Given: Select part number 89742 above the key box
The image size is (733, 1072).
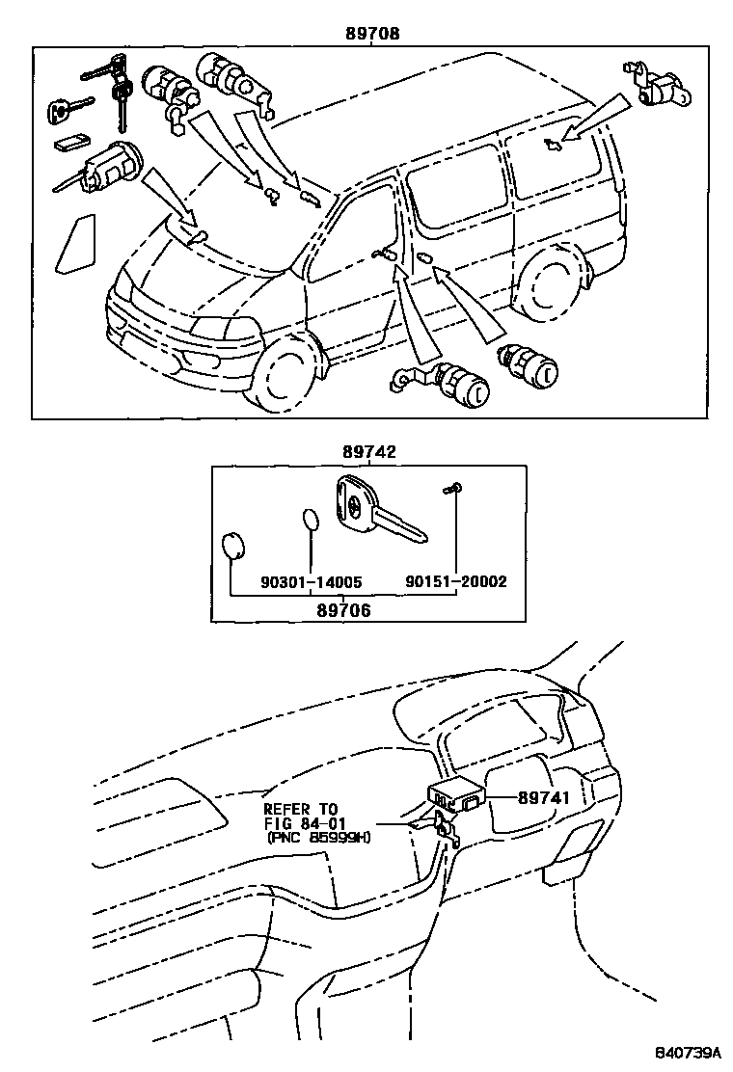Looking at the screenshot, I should [368, 451].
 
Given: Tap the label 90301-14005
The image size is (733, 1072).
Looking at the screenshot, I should [311, 582].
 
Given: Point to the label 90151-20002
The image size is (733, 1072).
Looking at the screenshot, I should [455, 582].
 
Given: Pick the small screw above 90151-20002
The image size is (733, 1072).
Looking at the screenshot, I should [450, 491].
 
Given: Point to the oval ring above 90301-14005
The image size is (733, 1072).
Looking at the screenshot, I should [310, 521].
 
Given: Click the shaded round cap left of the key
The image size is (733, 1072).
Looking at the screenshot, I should [232, 548].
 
